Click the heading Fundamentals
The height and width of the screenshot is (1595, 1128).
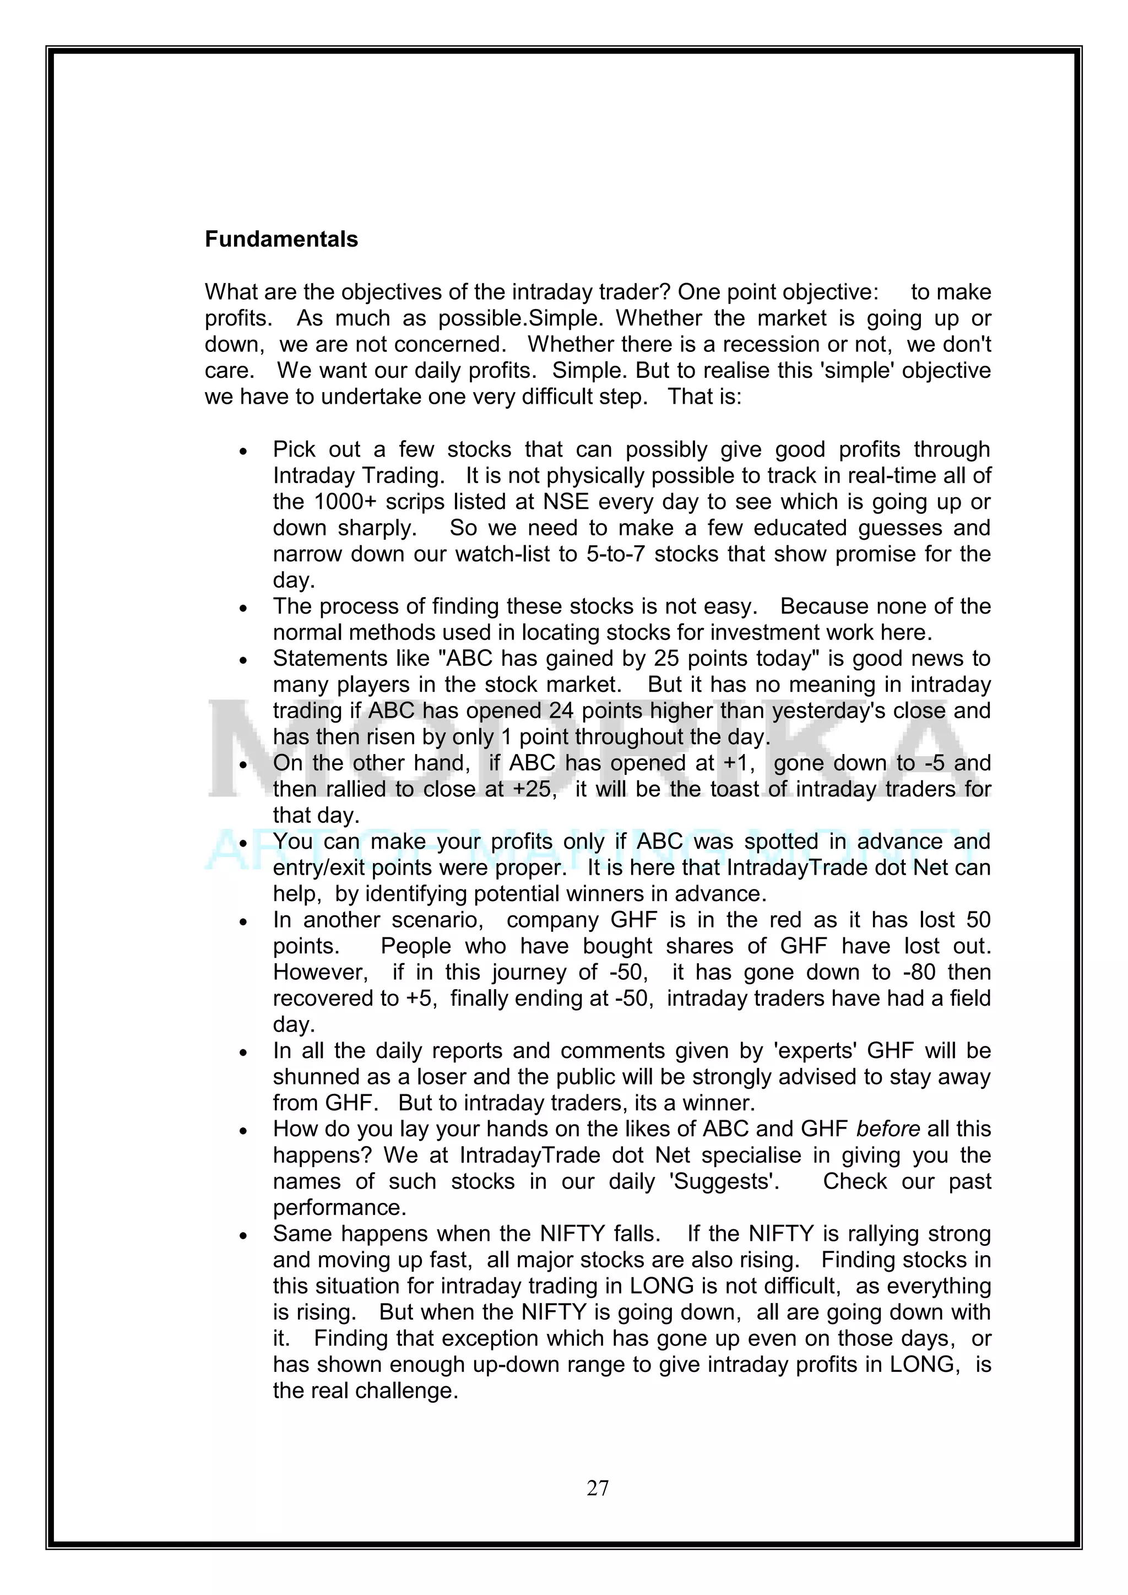281,239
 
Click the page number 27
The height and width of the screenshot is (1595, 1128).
598,1488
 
